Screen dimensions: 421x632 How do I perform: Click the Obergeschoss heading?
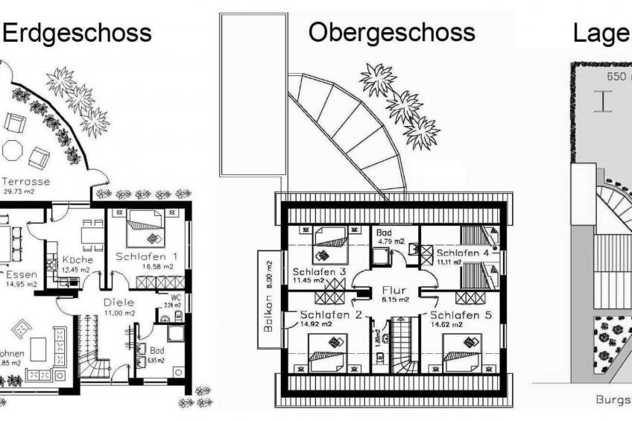tap(392, 32)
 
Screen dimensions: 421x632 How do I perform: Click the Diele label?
tap(119, 303)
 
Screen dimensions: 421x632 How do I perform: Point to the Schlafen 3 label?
tap(319, 272)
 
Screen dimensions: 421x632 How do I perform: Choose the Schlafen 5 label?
tap(461, 314)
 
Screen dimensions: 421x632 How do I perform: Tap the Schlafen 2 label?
tap(331, 314)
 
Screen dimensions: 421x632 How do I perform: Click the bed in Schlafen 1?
tap(145, 228)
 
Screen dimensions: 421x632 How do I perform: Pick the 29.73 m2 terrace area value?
tap(19, 191)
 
